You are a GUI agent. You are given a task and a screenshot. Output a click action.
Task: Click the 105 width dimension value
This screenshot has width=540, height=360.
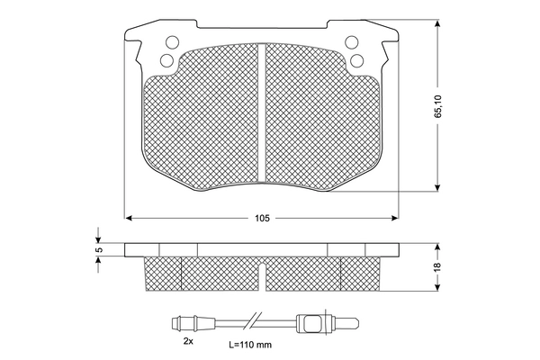[262, 218]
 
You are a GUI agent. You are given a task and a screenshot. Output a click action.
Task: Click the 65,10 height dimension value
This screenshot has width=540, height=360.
[437, 106]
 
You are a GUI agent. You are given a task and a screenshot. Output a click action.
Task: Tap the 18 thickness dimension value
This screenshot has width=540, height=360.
[437, 266]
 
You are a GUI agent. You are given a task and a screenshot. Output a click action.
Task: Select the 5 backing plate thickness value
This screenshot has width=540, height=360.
[99, 250]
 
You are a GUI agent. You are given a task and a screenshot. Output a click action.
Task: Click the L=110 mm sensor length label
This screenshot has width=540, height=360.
[250, 345]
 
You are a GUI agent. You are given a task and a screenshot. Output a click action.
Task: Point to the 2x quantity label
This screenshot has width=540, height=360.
[188, 341]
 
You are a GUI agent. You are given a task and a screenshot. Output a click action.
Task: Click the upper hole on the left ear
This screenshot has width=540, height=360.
[172, 42]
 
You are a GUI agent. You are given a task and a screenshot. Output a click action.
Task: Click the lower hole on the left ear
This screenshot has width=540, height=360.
[167, 60]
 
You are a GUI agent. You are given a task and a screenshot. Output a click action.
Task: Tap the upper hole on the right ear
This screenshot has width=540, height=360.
[352, 42]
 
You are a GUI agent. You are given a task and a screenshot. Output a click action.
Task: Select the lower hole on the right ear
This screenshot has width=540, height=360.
[356, 60]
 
